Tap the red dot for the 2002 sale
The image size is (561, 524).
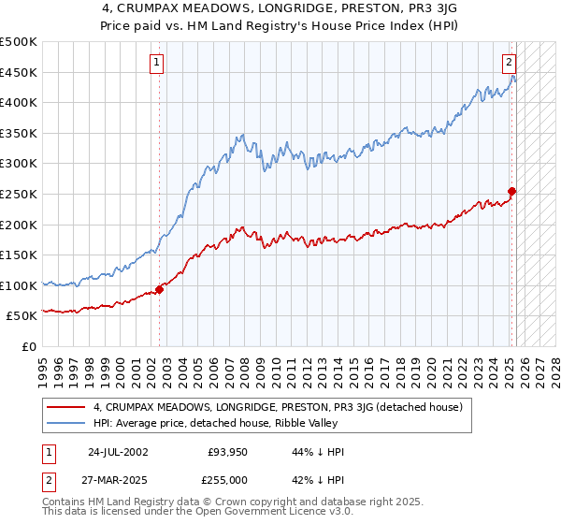[160, 289]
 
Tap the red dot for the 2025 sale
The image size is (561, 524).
[512, 192]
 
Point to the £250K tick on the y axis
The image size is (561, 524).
[20, 194]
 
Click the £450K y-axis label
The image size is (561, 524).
[20, 72]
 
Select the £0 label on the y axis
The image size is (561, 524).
[30, 346]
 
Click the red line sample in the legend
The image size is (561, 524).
[67, 407]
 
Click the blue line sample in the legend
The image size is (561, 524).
[67, 424]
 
